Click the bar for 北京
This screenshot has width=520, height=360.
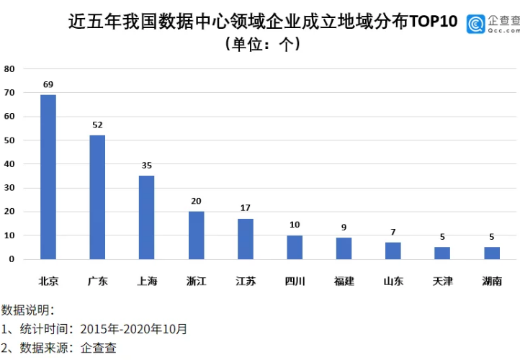(x=48, y=176)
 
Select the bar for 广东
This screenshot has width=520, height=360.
(x=97, y=197)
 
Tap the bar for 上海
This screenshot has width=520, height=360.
(x=146, y=217)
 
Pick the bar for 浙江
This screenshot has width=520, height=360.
(x=196, y=235)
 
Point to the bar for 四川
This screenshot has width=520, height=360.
(x=295, y=247)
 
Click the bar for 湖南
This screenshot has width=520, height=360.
(x=491, y=253)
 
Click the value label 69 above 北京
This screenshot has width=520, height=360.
(x=48, y=84)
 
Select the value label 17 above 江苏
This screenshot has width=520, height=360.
(x=245, y=208)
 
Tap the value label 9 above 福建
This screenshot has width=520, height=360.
(x=344, y=227)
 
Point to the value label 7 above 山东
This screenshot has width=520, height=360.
(x=393, y=232)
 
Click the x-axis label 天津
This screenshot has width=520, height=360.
(x=442, y=281)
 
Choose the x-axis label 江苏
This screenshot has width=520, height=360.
(x=245, y=281)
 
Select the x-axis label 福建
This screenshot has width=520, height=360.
(x=344, y=281)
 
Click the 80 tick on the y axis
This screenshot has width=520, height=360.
(x=9, y=69)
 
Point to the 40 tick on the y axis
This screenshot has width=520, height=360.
(x=9, y=164)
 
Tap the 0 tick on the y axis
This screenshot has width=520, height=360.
(x=12, y=259)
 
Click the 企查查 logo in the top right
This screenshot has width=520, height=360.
(x=493, y=24)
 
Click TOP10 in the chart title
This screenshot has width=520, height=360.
(x=433, y=22)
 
